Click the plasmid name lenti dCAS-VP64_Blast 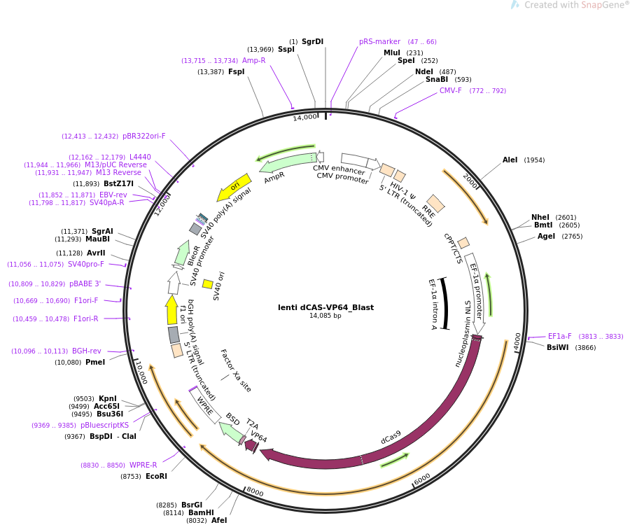[x=325, y=307]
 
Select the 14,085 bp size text [x=325, y=316]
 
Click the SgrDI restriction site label [x=312, y=42]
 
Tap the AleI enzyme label [x=510, y=160]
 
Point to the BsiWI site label [x=557, y=348]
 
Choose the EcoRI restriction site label [x=156, y=477]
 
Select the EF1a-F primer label [x=559, y=337]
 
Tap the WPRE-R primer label [x=143, y=465]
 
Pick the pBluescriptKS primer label [x=104, y=426]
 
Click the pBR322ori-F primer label [x=143, y=136]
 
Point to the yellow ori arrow [x=234, y=188]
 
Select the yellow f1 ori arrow [x=171, y=309]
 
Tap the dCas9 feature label [x=391, y=437]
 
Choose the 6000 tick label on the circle [x=422, y=478]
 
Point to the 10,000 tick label [x=141, y=372]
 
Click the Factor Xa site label [x=236, y=370]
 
